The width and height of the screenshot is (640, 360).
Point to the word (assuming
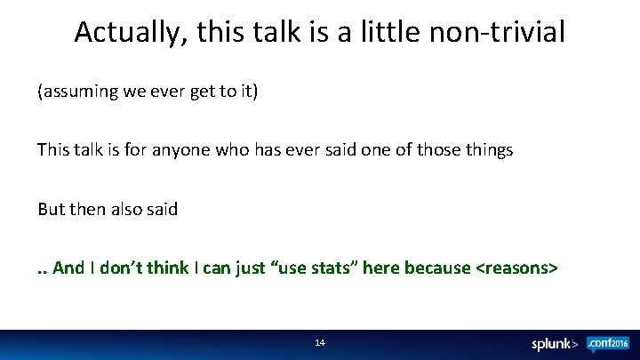78,92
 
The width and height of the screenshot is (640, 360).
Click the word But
52,209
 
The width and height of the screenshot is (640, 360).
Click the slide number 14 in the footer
320,342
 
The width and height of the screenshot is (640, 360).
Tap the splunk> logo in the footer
556,344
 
